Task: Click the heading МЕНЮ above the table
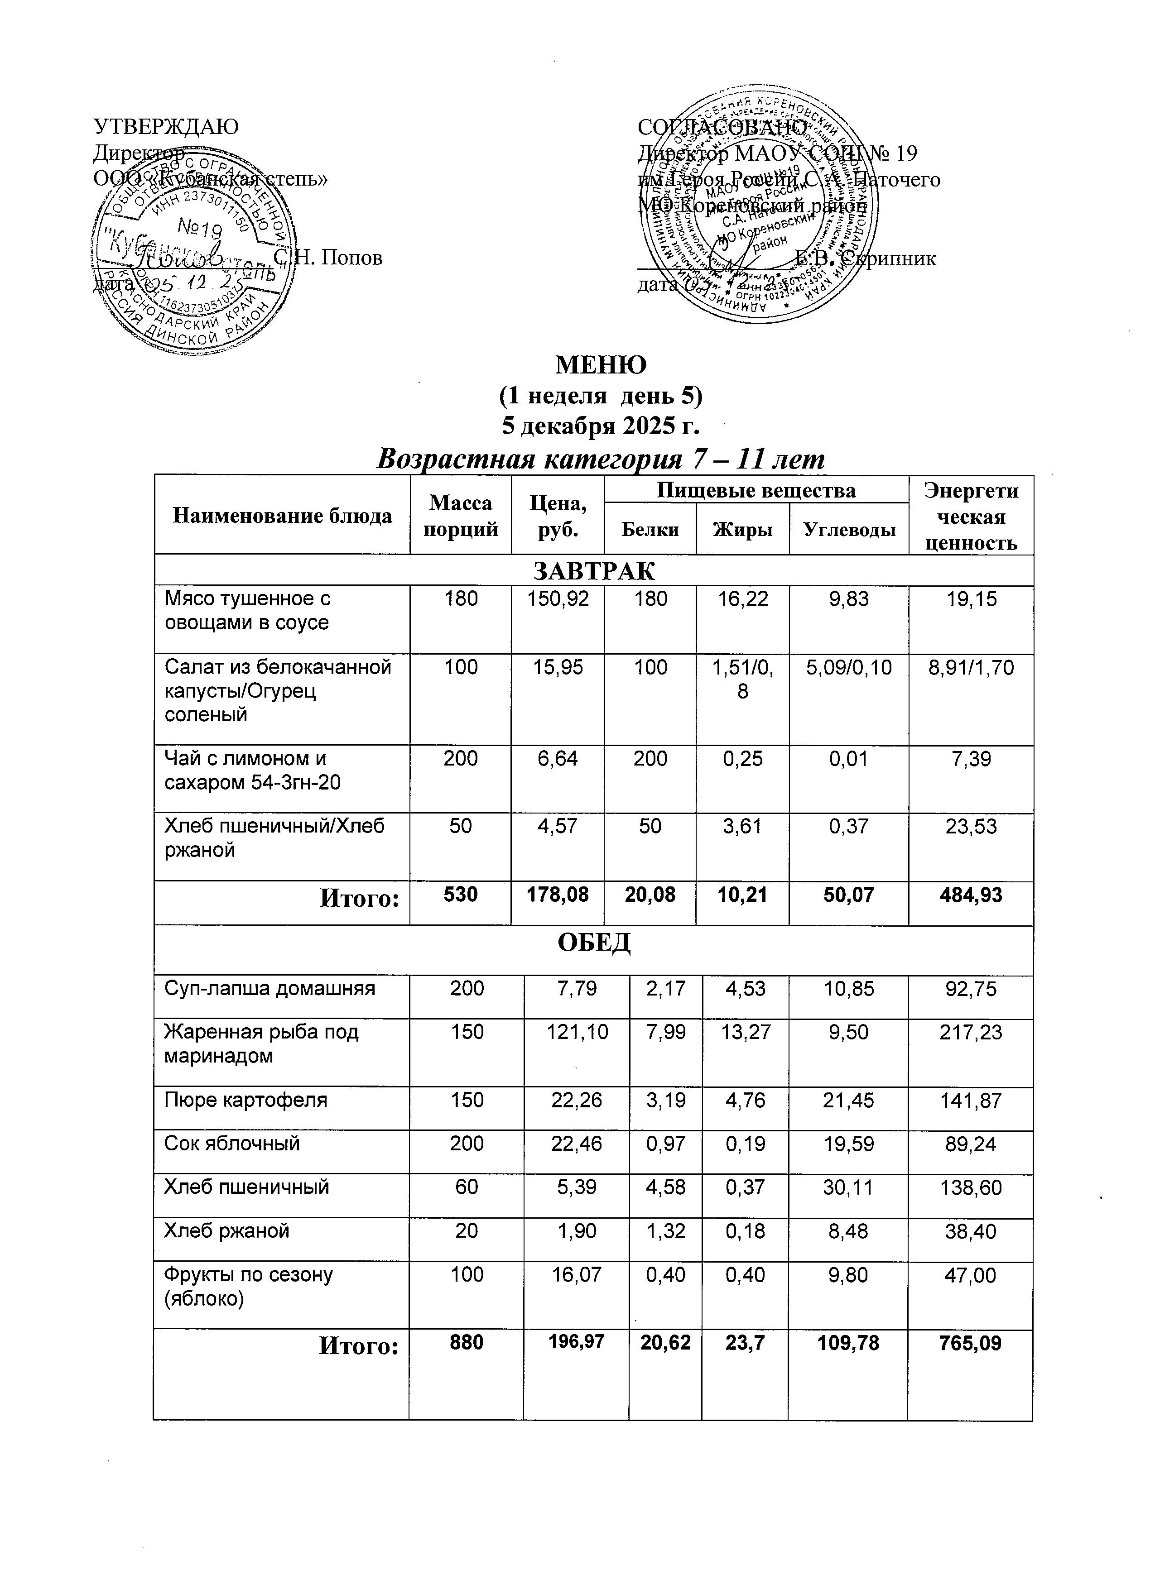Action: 601,364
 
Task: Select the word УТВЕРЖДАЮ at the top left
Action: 166,127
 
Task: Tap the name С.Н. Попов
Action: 329,258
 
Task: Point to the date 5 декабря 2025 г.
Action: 601,425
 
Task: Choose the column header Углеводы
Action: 849,530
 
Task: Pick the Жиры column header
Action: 742,530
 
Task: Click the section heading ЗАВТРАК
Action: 594,571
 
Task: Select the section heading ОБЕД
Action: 594,943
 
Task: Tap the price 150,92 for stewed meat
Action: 558,599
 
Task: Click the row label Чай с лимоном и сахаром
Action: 252,770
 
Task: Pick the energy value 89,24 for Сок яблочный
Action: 971,1144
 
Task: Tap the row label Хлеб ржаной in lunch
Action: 226,1231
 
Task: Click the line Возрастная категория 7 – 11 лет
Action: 601,459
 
